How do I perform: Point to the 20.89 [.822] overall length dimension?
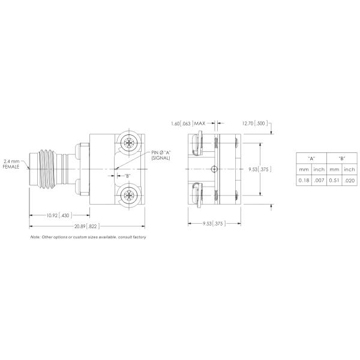pyautogui.click(x=87, y=226)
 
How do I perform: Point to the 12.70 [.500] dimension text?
pyautogui.click(x=254, y=124)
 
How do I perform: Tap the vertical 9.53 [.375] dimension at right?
pyautogui.click(x=260, y=170)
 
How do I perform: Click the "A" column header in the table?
pyautogui.click(x=311, y=158)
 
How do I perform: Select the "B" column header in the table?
pyautogui.click(x=342, y=158)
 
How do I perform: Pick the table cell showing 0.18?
pyautogui.click(x=304, y=180)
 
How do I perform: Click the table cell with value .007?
pyautogui.click(x=319, y=180)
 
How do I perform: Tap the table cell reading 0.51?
pyautogui.click(x=334, y=180)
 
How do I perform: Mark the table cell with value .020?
pyautogui.click(x=350, y=180)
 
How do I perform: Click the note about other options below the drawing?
pyautogui.click(x=88, y=237)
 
